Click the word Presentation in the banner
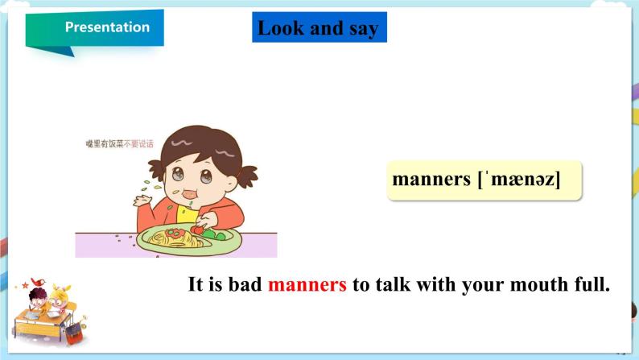point(107,27)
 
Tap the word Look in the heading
point(281,28)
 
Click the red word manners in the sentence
point(307,285)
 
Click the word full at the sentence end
point(589,285)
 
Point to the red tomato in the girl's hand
point(196,230)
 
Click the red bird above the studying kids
point(36,283)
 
